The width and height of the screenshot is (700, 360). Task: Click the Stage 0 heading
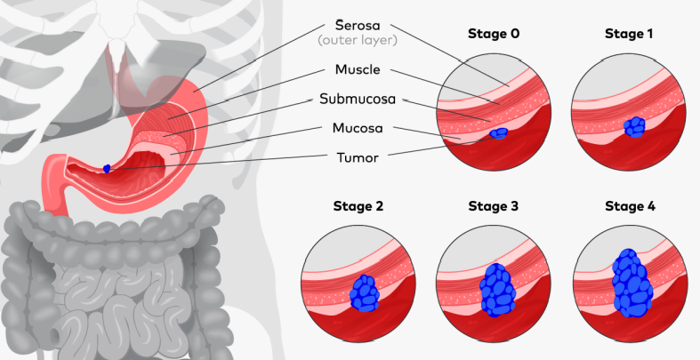pyautogui.click(x=495, y=35)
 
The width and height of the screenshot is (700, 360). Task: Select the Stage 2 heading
pyautogui.click(x=358, y=206)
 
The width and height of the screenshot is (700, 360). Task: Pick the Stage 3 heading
pyautogui.click(x=495, y=206)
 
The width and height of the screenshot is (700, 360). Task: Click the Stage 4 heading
pyautogui.click(x=631, y=206)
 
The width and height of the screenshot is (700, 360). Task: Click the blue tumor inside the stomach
pyautogui.click(x=107, y=167)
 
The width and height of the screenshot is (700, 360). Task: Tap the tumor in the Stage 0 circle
pyautogui.click(x=499, y=134)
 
